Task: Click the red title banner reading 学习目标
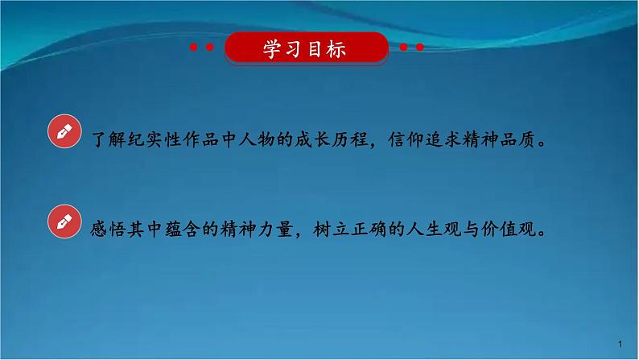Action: (305, 49)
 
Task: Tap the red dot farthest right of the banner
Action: (420, 48)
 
